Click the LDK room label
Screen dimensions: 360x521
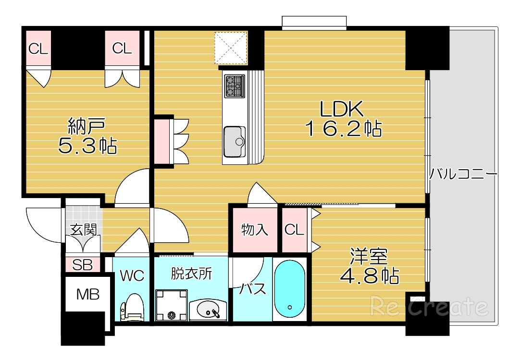pyautogui.click(x=341, y=110)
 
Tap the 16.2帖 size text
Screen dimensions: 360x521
pyautogui.click(x=343, y=129)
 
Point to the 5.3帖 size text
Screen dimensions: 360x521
pyautogui.click(x=87, y=146)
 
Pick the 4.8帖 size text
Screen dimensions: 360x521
pyautogui.click(x=369, y=276)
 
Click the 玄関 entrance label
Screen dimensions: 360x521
pyautogui.click(x=84, y=229)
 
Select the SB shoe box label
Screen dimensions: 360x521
pyautogui.click(x=82, y=265)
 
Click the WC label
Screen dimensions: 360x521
pyautogui.click(x=132, y=275)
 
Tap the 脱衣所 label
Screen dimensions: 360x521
pyautogui.click(x=191, y=273)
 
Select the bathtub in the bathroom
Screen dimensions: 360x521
pyautogui.click(x=289, y=290)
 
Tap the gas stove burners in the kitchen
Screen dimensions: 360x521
pyautogui.click(x=235, y=86)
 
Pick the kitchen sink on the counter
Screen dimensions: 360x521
pyautogui.click(x=235, y=141)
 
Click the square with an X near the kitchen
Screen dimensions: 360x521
pyautogui.click(x=231, y=47)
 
